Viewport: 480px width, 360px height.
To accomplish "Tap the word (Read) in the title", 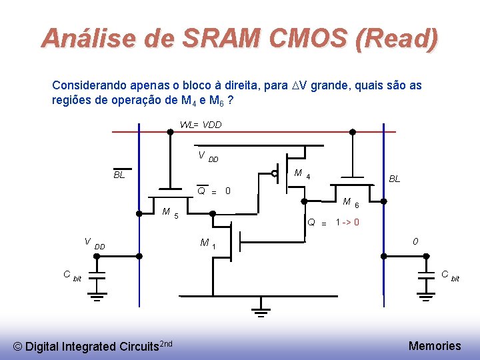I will pyautogui.click(x=398, y=38).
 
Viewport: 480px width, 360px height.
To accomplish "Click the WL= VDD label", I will pyautogui.click(x=201, y=125).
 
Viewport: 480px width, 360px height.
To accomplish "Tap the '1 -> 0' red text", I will pyautogui.click(x=347, y=223).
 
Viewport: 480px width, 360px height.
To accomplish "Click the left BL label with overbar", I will pyautogui.click(x=119, y=175).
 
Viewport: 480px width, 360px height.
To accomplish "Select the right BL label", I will pyautogui.click(x=395, y=179).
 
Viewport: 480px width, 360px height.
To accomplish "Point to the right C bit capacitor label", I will pyautogui.click(x=450, y=275).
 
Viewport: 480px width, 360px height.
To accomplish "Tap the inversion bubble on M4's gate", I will pyautogui.click(x=275, y=174).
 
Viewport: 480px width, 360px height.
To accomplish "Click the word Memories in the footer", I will pyautogui.click(x=434, y=345).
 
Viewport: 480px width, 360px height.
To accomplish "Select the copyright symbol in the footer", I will pyautogui.click(x=18, y=347).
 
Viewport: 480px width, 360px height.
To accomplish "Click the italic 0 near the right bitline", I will pyautogui.click(x=415, y=241).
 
